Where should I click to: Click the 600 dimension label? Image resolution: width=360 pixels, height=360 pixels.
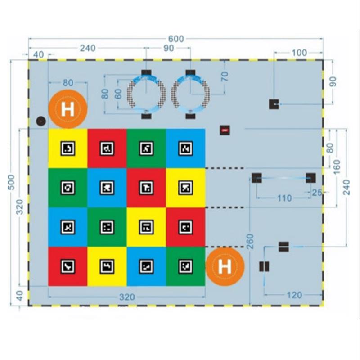(x=176, y=39)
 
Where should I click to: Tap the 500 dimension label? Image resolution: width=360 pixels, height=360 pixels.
(x=11, y=182)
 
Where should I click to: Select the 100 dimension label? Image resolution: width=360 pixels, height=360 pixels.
(x=299, y=53)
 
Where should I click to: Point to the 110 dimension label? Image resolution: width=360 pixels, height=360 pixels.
(x=285, y=198)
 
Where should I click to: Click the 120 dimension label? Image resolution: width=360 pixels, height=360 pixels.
(x=294, y=295)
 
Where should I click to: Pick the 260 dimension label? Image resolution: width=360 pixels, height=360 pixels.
(x=250, y=241)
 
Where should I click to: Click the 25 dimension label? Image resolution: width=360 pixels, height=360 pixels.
(x=317, y=193)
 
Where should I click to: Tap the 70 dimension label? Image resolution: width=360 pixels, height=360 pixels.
(x=225, y=76)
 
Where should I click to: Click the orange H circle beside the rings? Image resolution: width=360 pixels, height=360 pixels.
(x=68, y=109)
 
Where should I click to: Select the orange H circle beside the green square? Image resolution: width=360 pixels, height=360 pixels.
(x=225, y=266)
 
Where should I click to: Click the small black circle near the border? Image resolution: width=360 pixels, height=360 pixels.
(x=41, y=121)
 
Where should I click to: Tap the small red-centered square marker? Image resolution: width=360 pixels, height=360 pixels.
(x=225, y=130)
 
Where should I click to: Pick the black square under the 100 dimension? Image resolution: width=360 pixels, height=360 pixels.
(x=274, y=104)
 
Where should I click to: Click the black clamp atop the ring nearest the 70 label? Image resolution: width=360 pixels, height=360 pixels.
(x=190, y=72)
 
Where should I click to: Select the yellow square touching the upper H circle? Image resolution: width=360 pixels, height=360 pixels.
(x=68, y=148)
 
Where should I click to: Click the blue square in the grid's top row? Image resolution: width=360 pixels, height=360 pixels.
(x=185, y=148)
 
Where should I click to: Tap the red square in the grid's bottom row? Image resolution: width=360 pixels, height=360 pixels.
(x=68, y=266)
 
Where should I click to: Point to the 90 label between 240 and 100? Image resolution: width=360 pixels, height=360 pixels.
(x=168, y=48)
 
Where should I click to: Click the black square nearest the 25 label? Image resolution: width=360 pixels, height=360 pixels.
(x=310, y=178)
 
